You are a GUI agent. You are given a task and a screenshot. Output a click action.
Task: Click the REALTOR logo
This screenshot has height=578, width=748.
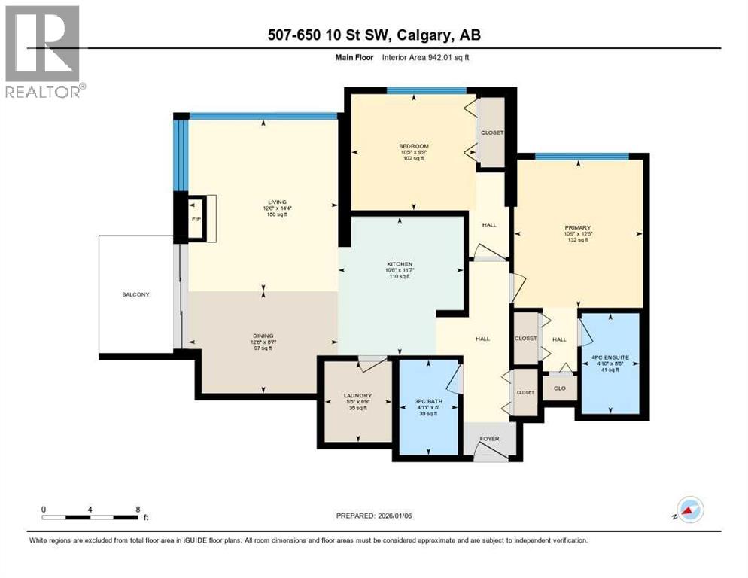click(43, 51)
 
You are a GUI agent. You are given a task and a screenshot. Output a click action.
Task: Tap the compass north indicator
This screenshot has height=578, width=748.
click(689, 510)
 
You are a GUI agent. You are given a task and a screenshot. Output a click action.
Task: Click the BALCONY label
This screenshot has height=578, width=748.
click(136, 294)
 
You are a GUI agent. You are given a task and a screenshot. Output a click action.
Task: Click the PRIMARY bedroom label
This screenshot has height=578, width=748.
click(579, 227)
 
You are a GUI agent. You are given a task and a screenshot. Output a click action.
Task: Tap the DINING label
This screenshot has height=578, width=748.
click(263, 336)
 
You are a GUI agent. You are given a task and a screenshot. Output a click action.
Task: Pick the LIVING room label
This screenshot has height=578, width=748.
click(263, 202)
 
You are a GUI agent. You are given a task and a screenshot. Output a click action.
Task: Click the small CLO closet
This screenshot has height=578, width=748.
click(558, 389)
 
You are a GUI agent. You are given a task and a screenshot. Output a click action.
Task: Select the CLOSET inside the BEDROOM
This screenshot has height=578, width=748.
click(492, 133)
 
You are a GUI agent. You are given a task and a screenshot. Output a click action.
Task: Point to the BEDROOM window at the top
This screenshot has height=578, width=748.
click(426, 91)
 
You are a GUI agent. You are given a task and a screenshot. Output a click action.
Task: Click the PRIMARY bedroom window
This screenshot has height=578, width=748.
click(572, 156)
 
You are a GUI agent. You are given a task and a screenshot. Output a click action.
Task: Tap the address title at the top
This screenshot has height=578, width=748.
click(373, 35)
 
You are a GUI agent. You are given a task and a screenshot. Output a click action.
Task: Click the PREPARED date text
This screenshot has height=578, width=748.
click(375, 516)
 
